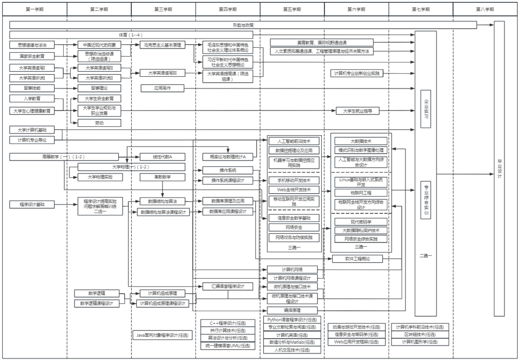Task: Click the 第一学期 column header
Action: [35, 9]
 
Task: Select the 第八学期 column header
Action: [485, 9]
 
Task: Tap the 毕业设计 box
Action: [499, 169]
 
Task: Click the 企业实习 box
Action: [426, 109]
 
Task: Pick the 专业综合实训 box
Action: [426, 200]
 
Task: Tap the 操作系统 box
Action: [229, 170]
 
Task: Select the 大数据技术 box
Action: [361, 141]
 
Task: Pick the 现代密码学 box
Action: [361, 222]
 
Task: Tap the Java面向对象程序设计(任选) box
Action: [162, 335]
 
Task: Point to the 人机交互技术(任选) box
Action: [292, 350]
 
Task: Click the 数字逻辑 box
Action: [97, 293]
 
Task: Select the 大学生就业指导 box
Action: [357, 110]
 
